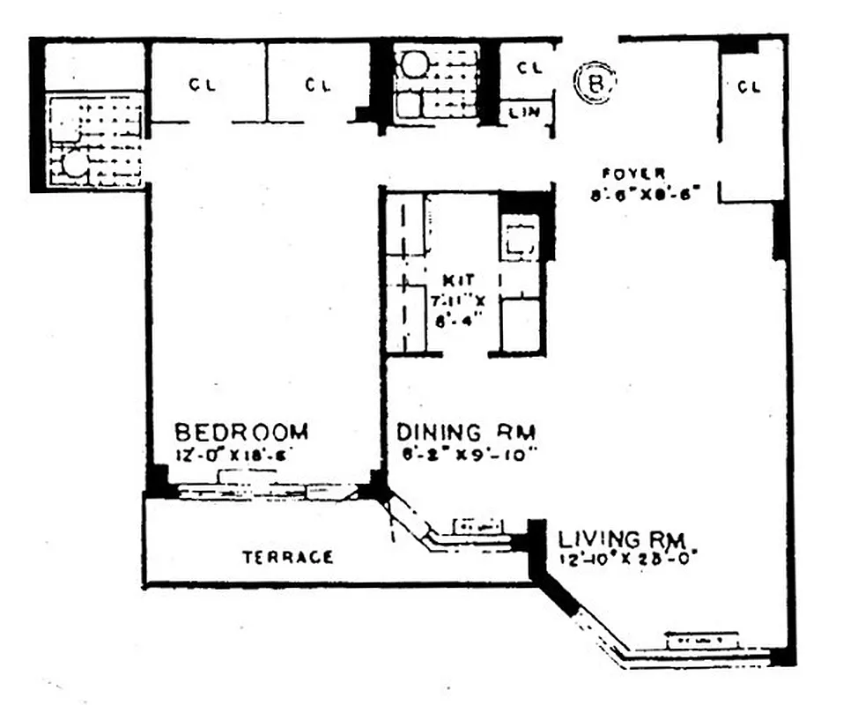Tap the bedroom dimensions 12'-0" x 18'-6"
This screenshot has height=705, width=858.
(x=234, y=455)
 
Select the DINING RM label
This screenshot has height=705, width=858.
(x=466, y=433)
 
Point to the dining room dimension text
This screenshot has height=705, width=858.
(x=467, y=455)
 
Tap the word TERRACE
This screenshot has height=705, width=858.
(x=288, y=557)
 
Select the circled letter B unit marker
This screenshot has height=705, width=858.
(x=596, y=83)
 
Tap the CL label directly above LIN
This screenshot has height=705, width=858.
(x=528, y=67)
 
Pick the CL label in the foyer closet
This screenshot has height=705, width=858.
(x=749, y=86)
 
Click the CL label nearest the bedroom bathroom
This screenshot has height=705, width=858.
(x=203, y=85)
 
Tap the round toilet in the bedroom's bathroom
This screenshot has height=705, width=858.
(x=77, y=164)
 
